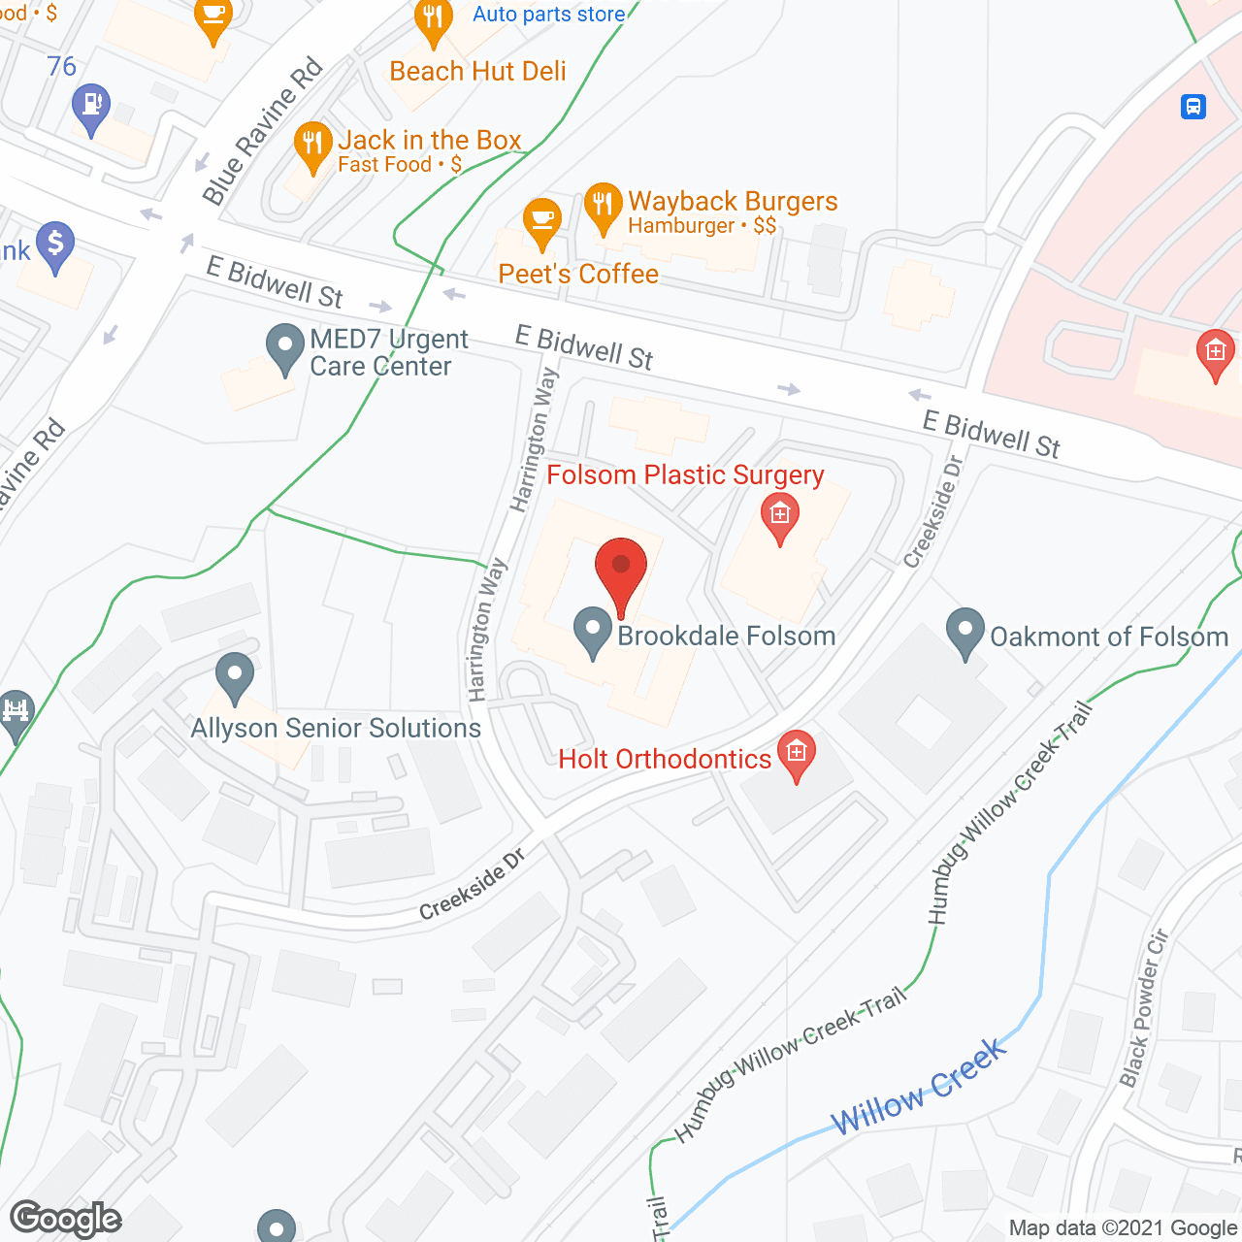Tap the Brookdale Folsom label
[x=726, y=637]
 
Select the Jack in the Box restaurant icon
[x=312, y=146]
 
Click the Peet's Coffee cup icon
[x=541, y=222]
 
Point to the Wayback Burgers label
[x=733, y=202]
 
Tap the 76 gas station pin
[x=91, y=109]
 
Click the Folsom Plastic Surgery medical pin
[x=779, y=516]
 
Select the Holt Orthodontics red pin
[x=797, y=755]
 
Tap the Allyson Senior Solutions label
[x=336, y=729]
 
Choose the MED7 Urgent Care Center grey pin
[x=285, y=348]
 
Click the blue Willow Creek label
[x=919, y=1087]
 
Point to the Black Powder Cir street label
[x=1145, y=1009]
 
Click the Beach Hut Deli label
[x=477, y=72]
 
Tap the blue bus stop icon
[x=1193, y=106]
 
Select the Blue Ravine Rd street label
[x=262, y=132]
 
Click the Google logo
[x=66, y=1219]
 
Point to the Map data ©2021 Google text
[x=1124, y=1228]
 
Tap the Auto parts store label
[x=548, y=15]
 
